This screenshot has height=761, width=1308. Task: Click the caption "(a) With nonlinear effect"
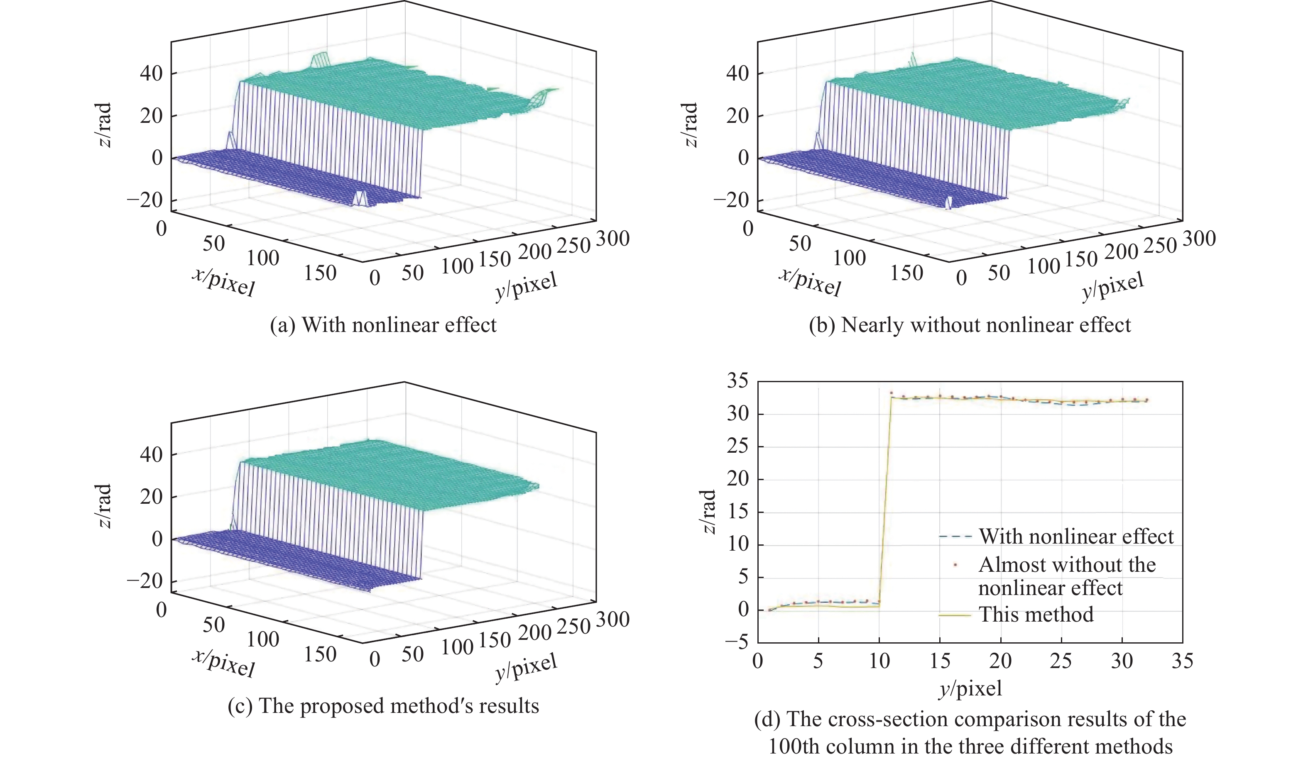pyautogui.click(x=383, y=325)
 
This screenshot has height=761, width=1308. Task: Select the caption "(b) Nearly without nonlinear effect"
pyautogui.click(x=970, y=325)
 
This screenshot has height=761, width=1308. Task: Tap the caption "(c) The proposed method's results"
pyautogui.click(x=383, y=706)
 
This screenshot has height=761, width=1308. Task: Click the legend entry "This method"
pyautogui.click(x=1036, y=615)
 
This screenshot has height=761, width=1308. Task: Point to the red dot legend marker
pyautogui.click(x=955, y=564)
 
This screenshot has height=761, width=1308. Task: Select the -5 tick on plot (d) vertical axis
pyautogui.click(x=737, y=642)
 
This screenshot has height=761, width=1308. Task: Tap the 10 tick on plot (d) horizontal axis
pyautogui.click(x=879, y=661)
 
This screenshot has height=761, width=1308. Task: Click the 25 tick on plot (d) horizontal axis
pyautogui.click(x=1061, y=661)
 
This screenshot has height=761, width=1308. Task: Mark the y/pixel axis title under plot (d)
pyautogui.click(x=970, y=688)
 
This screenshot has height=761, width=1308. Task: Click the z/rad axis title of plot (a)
pyautogui.click(x=104, y=125)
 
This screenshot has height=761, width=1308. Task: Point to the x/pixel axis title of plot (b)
pyautogui.click(x=809, y=282)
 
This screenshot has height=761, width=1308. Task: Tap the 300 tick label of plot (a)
pyautogui.click(x=612, y=239)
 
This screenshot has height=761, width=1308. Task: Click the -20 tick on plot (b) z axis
pyautogui.click(x=731, y=200)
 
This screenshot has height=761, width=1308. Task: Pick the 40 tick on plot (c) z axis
pyautogui.click(x=151, y=455)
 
